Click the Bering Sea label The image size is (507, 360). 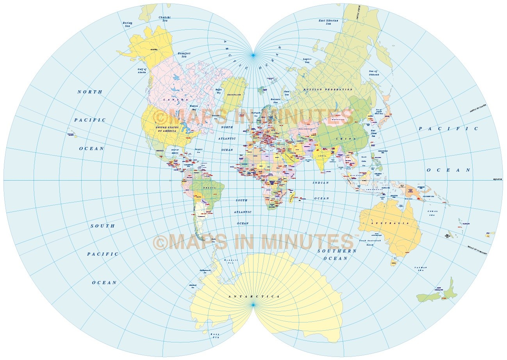point(128,24)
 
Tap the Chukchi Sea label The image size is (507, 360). point(164,19)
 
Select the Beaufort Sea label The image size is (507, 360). point(184,55)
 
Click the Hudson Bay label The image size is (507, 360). point(193,108)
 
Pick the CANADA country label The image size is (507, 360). point(176,100)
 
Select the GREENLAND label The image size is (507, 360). point(234,95)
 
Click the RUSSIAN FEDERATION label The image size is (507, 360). point(328,90)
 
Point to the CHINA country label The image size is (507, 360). point(346,139)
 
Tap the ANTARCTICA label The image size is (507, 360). point(254,297)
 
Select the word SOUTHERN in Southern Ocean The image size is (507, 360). point(337,251)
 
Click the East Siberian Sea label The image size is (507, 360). point(328,22)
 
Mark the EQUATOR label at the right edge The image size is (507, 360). point(497,179)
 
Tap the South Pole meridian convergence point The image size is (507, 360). point(253,304)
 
